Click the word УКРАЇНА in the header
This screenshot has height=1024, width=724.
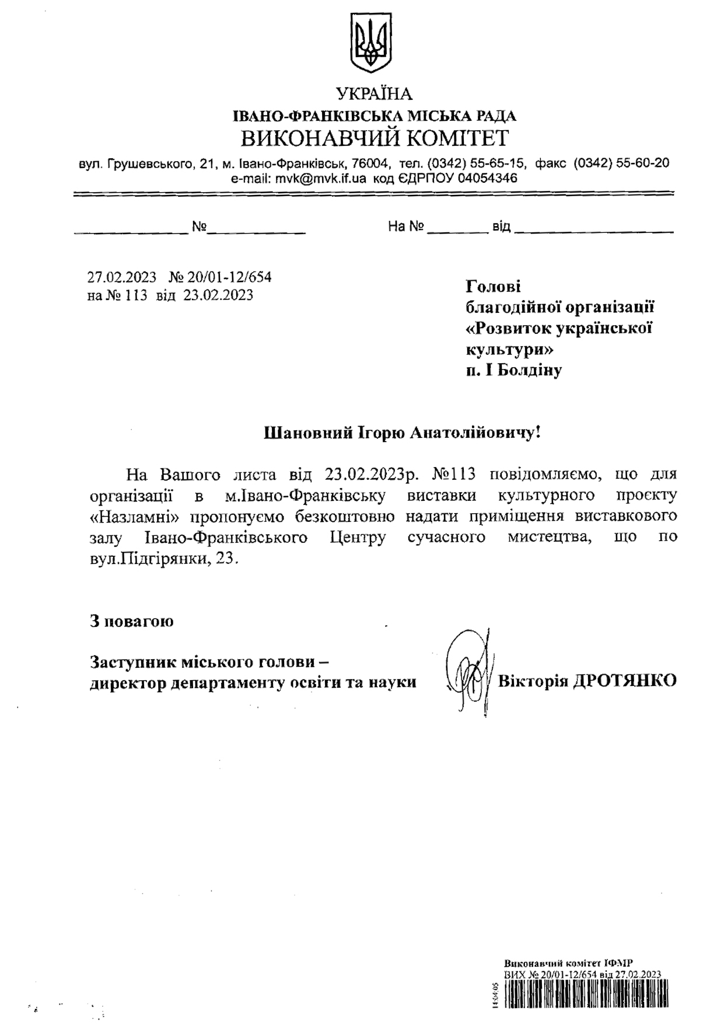(x=374, y=94)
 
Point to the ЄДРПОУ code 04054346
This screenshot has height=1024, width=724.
(x=487, y=178)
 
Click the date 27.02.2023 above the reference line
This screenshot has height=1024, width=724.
(x=122, y=277)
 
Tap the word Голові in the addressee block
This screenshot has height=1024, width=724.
(x=493, y=287)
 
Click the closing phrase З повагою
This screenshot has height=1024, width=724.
(x=131, y=621)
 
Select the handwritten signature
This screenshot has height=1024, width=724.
(x=467, y=671)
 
